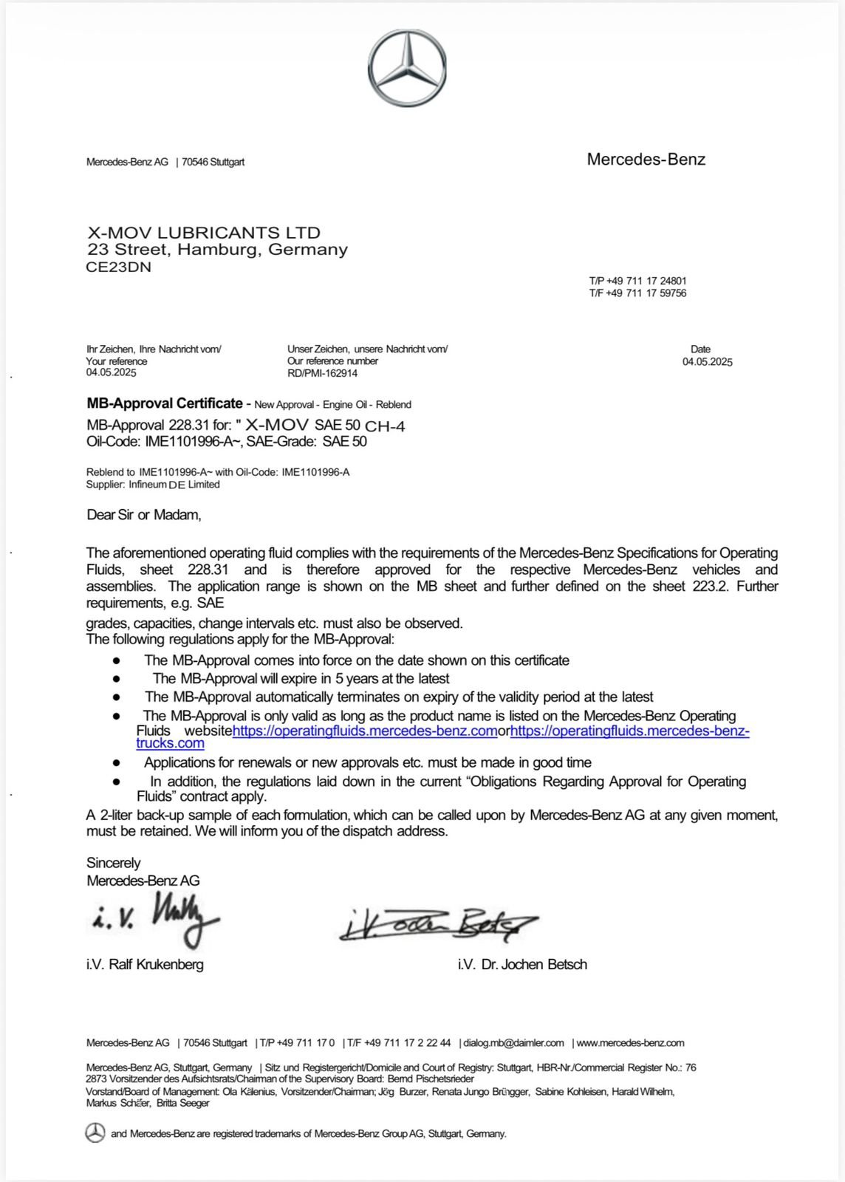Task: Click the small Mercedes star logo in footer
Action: [x=95, y=1133]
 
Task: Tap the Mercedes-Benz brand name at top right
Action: [x=646, y=160]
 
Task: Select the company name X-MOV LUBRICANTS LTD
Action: [x=204, y=233]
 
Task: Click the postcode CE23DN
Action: [x=119, y=267]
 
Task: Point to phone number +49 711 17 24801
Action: [x=646, y=281]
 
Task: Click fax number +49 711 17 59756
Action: [x=646, y=293]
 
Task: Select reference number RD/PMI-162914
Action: [x=322, y=373]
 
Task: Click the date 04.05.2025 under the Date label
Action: [x=707, y=362]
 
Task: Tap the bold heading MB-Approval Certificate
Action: [x=165, y=403]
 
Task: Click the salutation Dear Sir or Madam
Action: [x=144, y=515]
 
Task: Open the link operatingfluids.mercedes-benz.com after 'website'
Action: [x=365, y=731]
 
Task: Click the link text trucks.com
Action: [x=170, y=743]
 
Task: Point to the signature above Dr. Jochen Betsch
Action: [x=439, y=924]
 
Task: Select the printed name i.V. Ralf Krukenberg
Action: [x=145, y=964]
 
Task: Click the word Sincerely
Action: [x=113, y=863]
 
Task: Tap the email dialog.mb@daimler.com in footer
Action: [x=513, y=1043]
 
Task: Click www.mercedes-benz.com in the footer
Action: [x=630, y=1043]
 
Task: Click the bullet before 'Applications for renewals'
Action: [x=116, y=762]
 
